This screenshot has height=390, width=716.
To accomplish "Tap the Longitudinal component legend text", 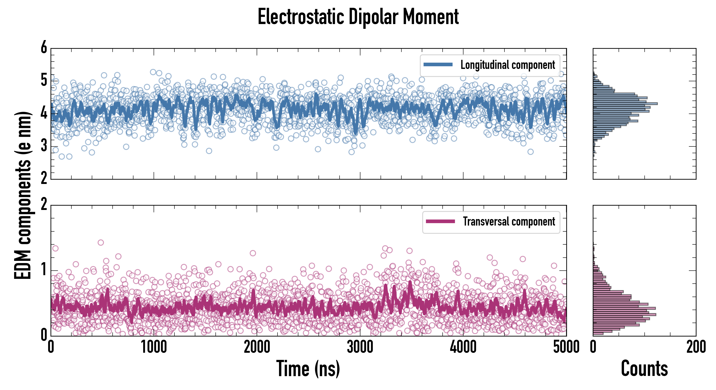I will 507,65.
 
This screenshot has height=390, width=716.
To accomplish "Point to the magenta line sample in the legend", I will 440,221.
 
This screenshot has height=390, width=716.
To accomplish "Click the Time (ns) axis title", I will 308,368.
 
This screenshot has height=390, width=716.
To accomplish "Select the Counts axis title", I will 644,368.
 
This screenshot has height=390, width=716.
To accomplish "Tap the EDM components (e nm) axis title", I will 23,195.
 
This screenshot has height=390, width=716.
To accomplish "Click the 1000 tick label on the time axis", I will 154,347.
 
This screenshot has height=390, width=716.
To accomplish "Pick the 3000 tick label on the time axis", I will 360,347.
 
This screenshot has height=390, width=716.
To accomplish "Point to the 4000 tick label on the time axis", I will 463,347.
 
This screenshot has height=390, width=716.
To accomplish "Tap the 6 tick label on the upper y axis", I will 44,47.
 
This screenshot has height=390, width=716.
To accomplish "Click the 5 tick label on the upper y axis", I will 44,81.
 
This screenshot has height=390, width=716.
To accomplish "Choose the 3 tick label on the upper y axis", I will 44,146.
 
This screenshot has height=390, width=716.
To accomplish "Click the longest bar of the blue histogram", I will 625,104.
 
